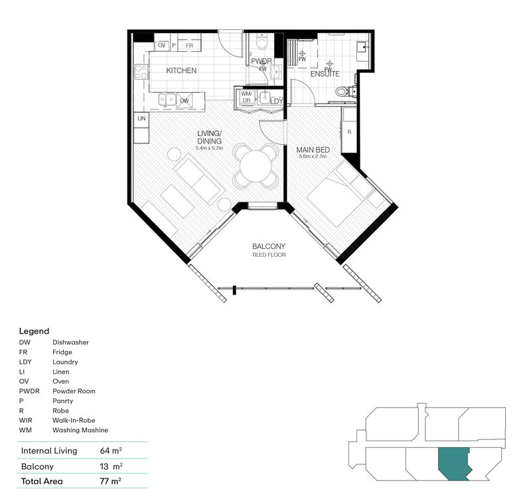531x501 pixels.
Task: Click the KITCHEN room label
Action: (181, 70)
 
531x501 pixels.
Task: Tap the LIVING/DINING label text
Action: (210, 137)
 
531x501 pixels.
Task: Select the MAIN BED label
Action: (313, 150)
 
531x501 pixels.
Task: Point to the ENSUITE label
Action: (325, 74)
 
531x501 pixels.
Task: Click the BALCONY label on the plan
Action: (269, 246)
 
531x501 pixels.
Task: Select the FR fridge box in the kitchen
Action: (189, 46)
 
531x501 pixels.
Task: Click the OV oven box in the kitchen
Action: (161, 46)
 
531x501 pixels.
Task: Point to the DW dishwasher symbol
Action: (185, 101)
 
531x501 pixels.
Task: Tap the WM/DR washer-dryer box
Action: (246, 97)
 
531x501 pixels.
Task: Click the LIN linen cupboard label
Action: (141, 118)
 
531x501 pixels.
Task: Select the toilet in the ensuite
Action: (344, 92)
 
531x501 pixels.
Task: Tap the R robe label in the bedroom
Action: (349, 132)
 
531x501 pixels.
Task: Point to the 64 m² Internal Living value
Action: (110, 451)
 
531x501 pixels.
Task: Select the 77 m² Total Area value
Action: (110, 480)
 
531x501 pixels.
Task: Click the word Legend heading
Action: (34, 330)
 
